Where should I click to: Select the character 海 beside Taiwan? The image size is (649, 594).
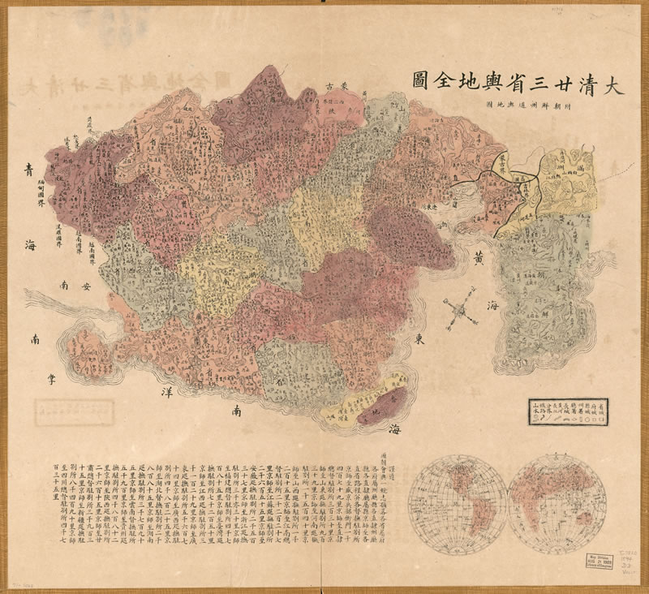(392, 428)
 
